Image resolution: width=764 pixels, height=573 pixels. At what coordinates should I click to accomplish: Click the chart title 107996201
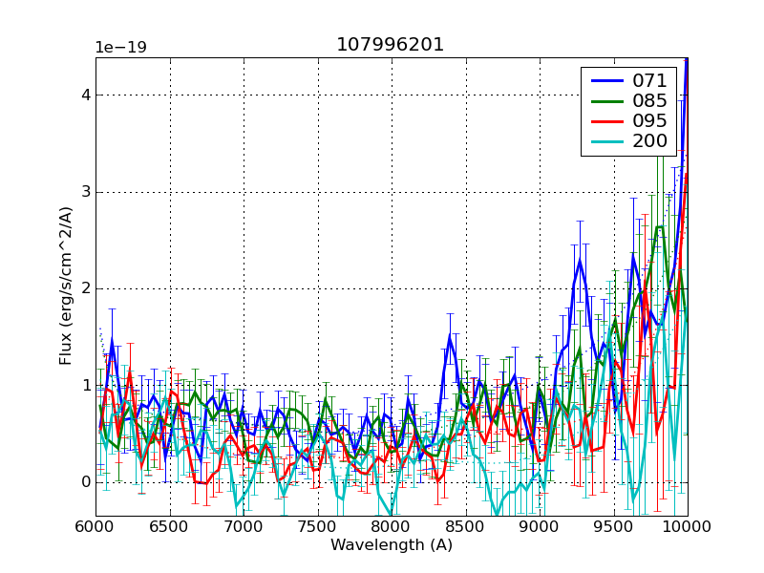click(x=391, y=45)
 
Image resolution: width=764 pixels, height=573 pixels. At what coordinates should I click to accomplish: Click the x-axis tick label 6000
click(x=95, y=528)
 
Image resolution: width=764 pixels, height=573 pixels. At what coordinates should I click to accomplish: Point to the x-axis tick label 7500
click(x=317, y=528)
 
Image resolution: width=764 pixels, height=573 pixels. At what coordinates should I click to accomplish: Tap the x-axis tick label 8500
click(x=465, y=528)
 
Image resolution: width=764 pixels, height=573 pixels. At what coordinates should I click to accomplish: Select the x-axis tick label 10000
click(x=687, y=528)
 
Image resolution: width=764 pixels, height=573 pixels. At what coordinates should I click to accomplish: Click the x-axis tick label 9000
click(x=540, y=528)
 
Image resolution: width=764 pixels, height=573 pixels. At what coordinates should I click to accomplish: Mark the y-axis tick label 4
click(x=85, y=95)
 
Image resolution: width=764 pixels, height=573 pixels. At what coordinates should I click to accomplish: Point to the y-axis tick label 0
click(x=85, y=482)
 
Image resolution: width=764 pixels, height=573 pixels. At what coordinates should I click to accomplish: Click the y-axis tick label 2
click(x=85, y=289)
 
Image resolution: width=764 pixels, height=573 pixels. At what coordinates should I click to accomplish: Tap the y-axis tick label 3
click(x=85, y=193)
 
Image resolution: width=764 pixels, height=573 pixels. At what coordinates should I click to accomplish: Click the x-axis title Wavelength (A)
click(x=391, y=545)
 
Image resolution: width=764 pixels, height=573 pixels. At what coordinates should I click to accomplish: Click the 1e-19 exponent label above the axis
click(x=120, y=48)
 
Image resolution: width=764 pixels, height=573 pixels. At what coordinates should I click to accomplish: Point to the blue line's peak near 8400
click(x=450, y=335)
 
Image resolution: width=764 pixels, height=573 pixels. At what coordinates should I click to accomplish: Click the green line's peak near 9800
click(x=660, y=226)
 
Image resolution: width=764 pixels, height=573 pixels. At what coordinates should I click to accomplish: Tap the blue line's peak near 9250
click(x=579, y=259)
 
